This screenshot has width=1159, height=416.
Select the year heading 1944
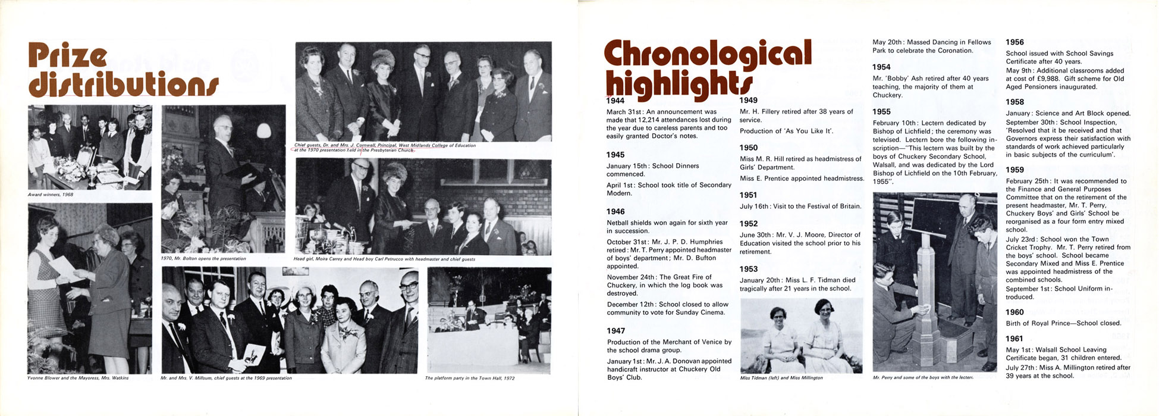[616, 101]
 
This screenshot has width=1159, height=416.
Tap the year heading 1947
[616, 331]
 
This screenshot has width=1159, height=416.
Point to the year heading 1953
[749, 269]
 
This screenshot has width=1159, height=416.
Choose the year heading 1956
[1014, 42]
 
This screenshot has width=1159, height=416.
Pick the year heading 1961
[1014, 339]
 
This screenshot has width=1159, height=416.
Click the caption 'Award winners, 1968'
[51, 195]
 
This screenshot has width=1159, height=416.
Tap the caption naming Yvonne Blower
[78, 378]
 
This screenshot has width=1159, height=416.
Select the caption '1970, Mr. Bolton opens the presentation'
[203, 259]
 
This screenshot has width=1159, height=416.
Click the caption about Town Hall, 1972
[470, 378]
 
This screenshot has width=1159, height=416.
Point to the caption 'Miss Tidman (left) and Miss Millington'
[781, 378]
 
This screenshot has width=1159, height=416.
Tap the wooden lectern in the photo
[926, 298]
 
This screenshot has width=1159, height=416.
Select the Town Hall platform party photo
[489, 320]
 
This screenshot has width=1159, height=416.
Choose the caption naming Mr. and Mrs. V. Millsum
[226, 378]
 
